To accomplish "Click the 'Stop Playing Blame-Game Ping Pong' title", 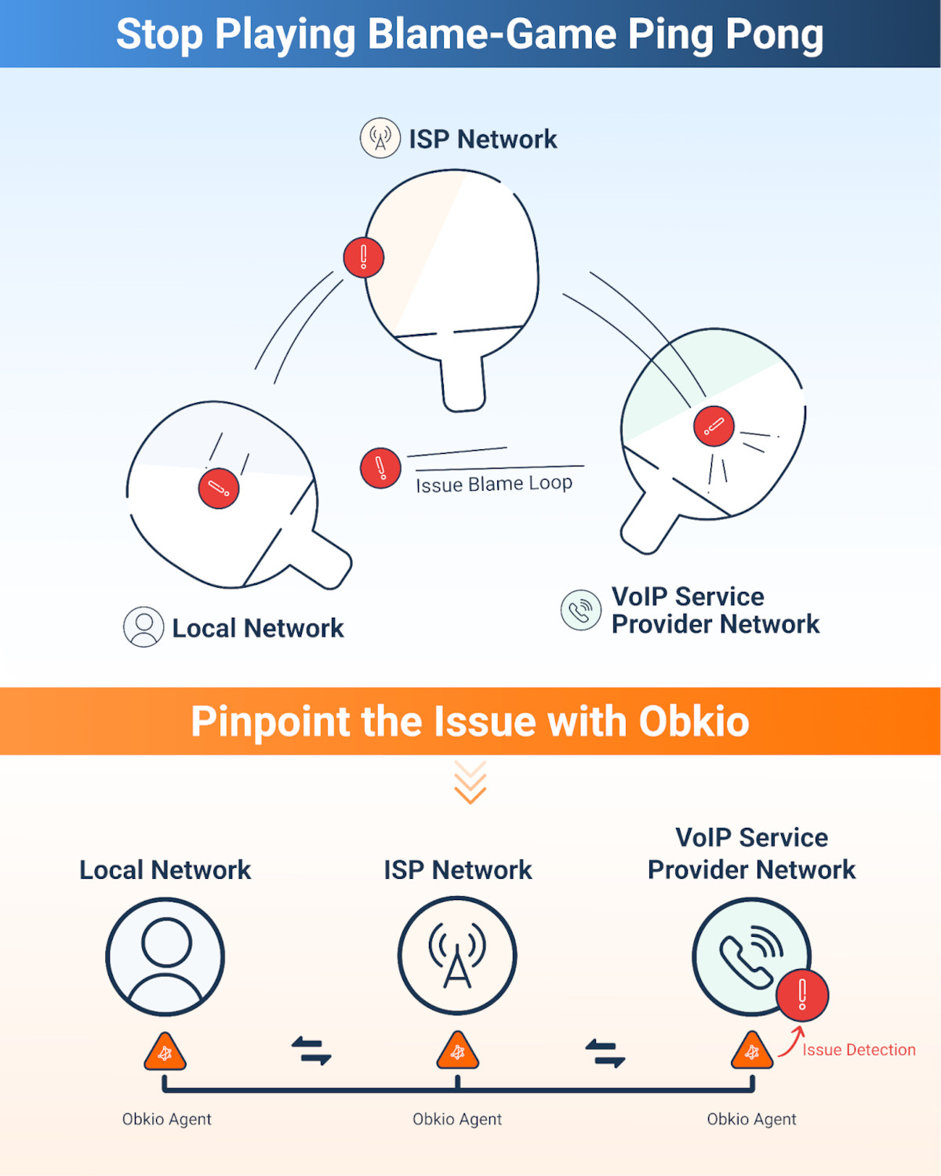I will coord(470,34).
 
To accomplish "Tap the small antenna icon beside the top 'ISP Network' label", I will coord(380,138).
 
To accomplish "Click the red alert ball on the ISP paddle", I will coord(364,257).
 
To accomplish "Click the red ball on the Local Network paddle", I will coord(219,488).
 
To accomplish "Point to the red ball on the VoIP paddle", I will coord(714,426).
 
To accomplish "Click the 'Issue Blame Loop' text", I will coord(494,484).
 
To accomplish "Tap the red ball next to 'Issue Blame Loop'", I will coord(380,468).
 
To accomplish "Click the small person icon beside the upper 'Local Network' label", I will coord(144,627).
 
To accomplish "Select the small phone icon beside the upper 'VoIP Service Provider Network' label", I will coord(581,610).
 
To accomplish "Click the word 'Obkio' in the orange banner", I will coord(694,721).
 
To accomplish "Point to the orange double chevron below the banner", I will coord(470,782).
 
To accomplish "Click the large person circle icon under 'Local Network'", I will coord(165,956).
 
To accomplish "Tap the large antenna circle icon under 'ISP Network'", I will coord(457,956).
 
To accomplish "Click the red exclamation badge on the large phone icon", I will coord(801,995).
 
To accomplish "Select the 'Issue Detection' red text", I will coord(859,1050).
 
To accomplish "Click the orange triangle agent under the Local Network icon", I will coord(165,1053).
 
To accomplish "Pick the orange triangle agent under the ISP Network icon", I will coord(458,1052).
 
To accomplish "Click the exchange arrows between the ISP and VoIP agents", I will coord(605,1052).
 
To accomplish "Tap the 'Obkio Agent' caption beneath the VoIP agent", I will coord(751,1119).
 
